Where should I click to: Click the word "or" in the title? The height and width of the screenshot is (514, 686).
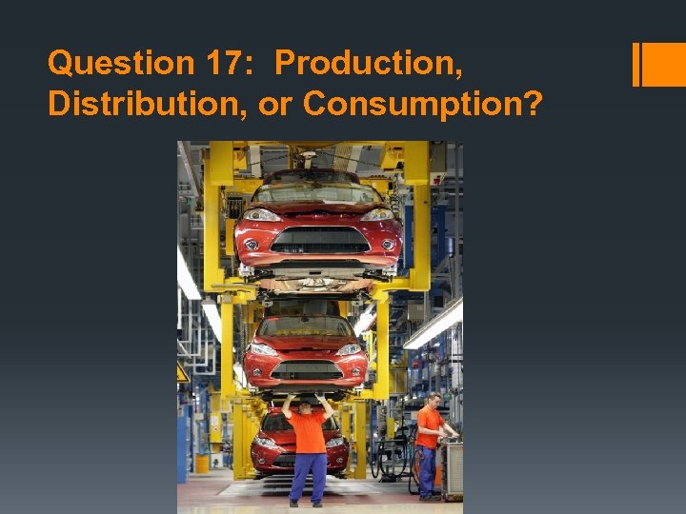(274, 106)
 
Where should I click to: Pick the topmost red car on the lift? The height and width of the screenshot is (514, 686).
(318, 223)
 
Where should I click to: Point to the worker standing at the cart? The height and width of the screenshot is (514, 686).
(431, 443)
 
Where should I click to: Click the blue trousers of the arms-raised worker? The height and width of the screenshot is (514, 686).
(308, 476)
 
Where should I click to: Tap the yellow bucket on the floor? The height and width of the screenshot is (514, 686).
(201, 463)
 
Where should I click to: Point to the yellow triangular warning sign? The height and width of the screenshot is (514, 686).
(182, 373)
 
